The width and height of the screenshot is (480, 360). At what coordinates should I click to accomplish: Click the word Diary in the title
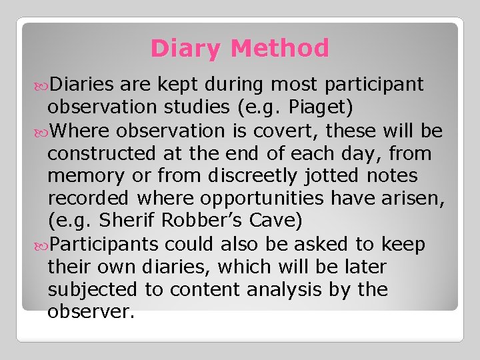[187, 49]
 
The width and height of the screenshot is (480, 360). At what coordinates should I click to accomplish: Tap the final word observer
[91, 312]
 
